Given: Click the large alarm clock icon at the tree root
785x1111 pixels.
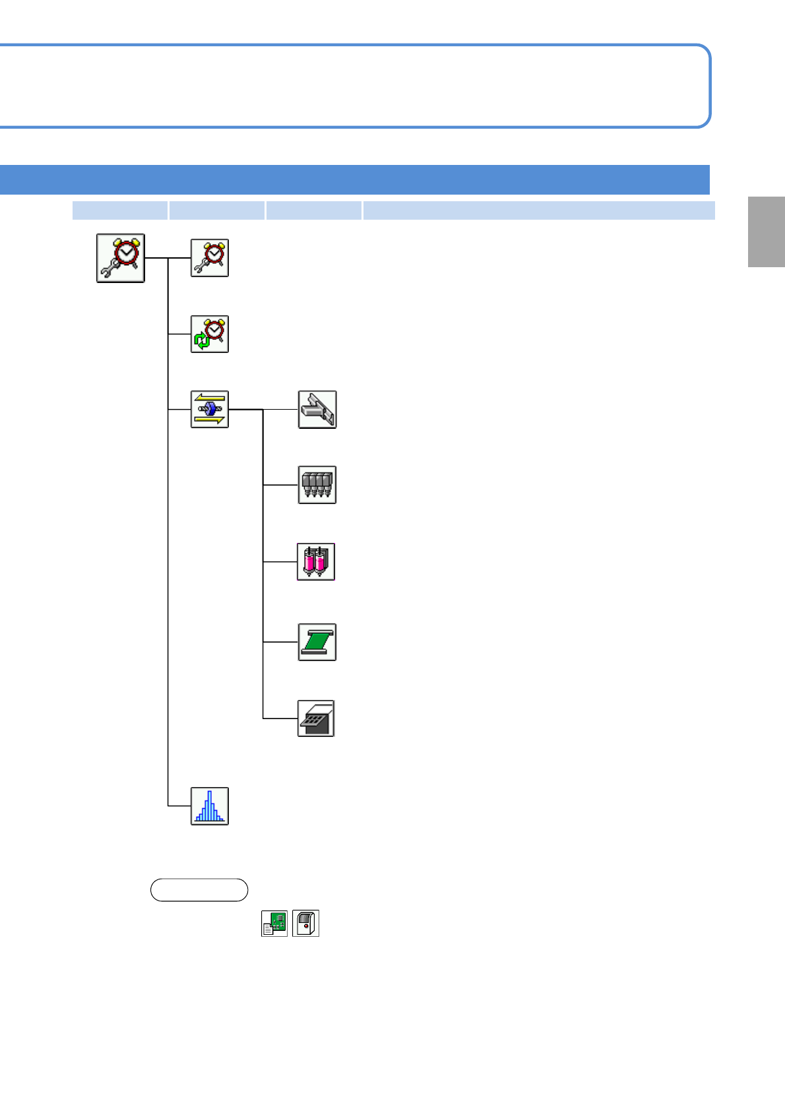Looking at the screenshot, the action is pyautogui.click(x=121, y=258).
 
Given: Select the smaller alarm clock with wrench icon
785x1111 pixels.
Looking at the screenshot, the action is pyautogui.click(x=210, y=258).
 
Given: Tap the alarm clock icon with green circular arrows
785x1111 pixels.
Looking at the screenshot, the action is pyautogui.click(x=210, y=334).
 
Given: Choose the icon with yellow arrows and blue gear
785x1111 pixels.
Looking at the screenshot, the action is pyautogui.click(x=210, y=409).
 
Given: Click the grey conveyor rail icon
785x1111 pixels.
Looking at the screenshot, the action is pyautogui.click(x=317, y=409).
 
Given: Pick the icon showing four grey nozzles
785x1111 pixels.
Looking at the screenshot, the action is pyautogui.click(x=317, y=485).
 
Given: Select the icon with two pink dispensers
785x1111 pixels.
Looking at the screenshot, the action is pyautogui.click(x=316, y=561).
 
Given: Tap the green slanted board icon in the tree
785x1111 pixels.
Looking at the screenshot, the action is pyautogui.click(x=317, y=642).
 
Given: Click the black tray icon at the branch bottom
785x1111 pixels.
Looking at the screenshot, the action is pyautogui.click(x=316, y=718).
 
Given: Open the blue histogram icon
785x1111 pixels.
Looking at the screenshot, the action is pyautogui.click(x=210, y=806).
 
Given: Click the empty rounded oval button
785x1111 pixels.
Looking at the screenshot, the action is pyautogui.click(x=199, y=890).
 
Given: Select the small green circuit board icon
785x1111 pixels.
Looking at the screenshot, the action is pyautogui.click(x=274, y=923).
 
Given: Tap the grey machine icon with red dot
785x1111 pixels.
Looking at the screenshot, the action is pyautogui.click(x=305, y=923).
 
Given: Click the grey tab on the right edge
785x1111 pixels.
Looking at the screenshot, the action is pyautogui.click(x=766, y=232).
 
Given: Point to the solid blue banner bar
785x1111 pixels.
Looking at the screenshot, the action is pyautogui.click(x=355, y=179).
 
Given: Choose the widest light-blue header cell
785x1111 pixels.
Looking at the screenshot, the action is pyautogui.click(x=538, y=210).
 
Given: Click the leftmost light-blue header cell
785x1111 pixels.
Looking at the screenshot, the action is pyautogui.click(x=119, y=210).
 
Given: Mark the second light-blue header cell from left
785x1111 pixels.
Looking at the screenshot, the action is pyautogui.click(x=216, y=210).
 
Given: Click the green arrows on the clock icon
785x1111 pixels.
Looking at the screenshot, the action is pyautogui.click(x=202, y=340).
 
